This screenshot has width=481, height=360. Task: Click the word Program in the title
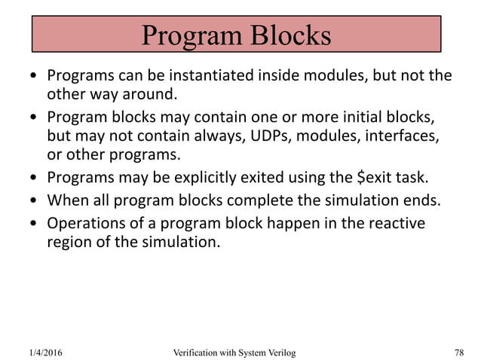(x=189, y=36)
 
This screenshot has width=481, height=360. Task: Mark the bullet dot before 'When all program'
(x=33, y=201)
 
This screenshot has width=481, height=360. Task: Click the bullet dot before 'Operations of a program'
(x=33, y=223)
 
